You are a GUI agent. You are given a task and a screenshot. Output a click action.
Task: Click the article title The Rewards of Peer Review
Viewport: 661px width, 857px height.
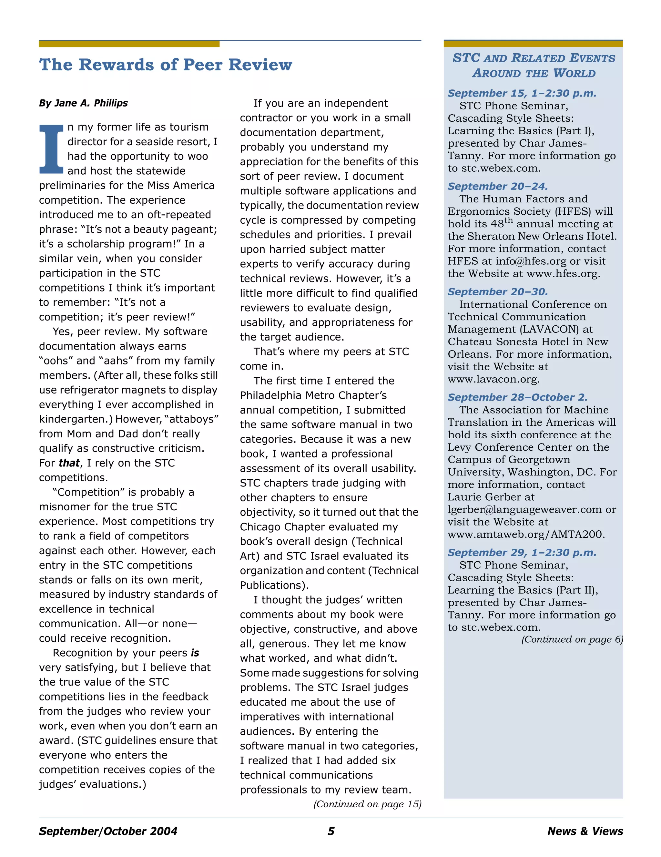[165, 65]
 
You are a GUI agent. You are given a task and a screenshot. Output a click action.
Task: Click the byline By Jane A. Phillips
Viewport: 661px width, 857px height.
[83, 103]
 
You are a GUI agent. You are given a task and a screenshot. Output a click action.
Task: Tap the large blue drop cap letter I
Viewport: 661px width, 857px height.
[51, 149]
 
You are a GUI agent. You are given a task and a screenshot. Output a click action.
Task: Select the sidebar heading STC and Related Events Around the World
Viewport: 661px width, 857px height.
[534, 66]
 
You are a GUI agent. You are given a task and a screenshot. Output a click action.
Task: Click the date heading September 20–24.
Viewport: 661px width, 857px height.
[497, 186]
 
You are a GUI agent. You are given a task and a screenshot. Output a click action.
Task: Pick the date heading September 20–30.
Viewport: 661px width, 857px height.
[497, 291]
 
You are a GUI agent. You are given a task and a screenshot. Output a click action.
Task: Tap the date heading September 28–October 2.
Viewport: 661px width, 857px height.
[517, 397]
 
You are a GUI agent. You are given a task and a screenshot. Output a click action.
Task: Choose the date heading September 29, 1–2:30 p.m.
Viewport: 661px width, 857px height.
[522, 553]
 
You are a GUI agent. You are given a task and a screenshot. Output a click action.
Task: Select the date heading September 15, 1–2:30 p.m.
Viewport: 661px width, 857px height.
[522, 93]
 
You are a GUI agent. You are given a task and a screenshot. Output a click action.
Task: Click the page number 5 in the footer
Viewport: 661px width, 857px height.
[331, 831]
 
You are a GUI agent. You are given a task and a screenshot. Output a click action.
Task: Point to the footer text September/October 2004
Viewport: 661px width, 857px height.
[108, 831]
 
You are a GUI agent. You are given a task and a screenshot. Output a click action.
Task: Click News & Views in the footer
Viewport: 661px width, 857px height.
[585, 831]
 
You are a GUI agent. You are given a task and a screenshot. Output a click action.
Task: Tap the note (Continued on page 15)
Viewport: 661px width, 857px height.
[367, 804]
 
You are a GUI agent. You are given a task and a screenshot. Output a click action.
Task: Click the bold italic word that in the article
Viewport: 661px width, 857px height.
[69, 463]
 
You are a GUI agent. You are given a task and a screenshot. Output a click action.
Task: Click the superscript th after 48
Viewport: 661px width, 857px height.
[508, 220]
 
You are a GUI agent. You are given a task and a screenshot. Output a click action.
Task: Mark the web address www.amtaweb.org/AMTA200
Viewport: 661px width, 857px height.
[526, 535]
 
